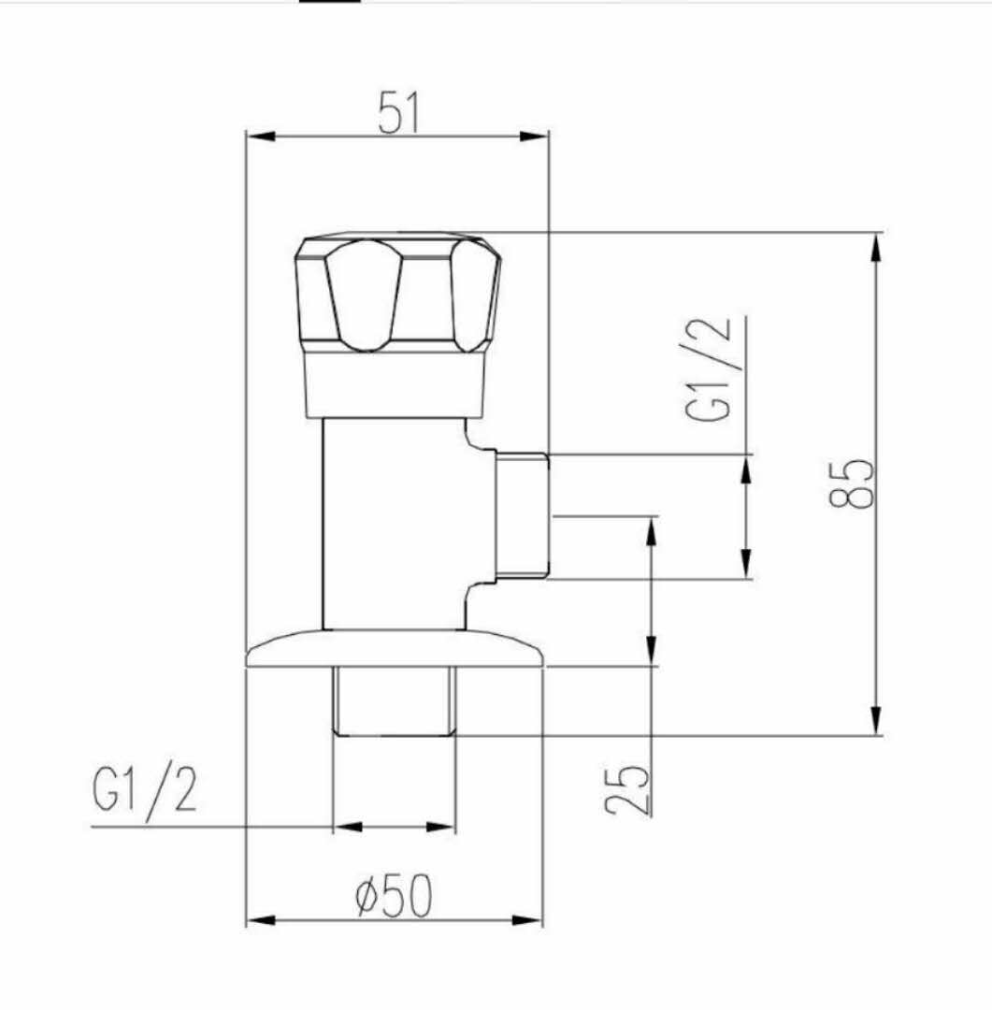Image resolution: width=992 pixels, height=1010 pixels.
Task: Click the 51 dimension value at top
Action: tap(398, 112)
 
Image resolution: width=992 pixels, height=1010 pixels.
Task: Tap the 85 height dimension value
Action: tap(852, 483)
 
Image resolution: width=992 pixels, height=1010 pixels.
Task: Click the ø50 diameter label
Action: tap(394, 895)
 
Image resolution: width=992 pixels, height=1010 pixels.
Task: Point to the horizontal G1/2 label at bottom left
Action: tap(144, 791)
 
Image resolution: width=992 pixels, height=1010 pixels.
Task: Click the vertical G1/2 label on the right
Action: tap(710, 369)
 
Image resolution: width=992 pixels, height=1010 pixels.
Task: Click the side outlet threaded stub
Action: tap(522, 515)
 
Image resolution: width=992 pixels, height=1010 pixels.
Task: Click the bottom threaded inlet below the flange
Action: tap(395, 701)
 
